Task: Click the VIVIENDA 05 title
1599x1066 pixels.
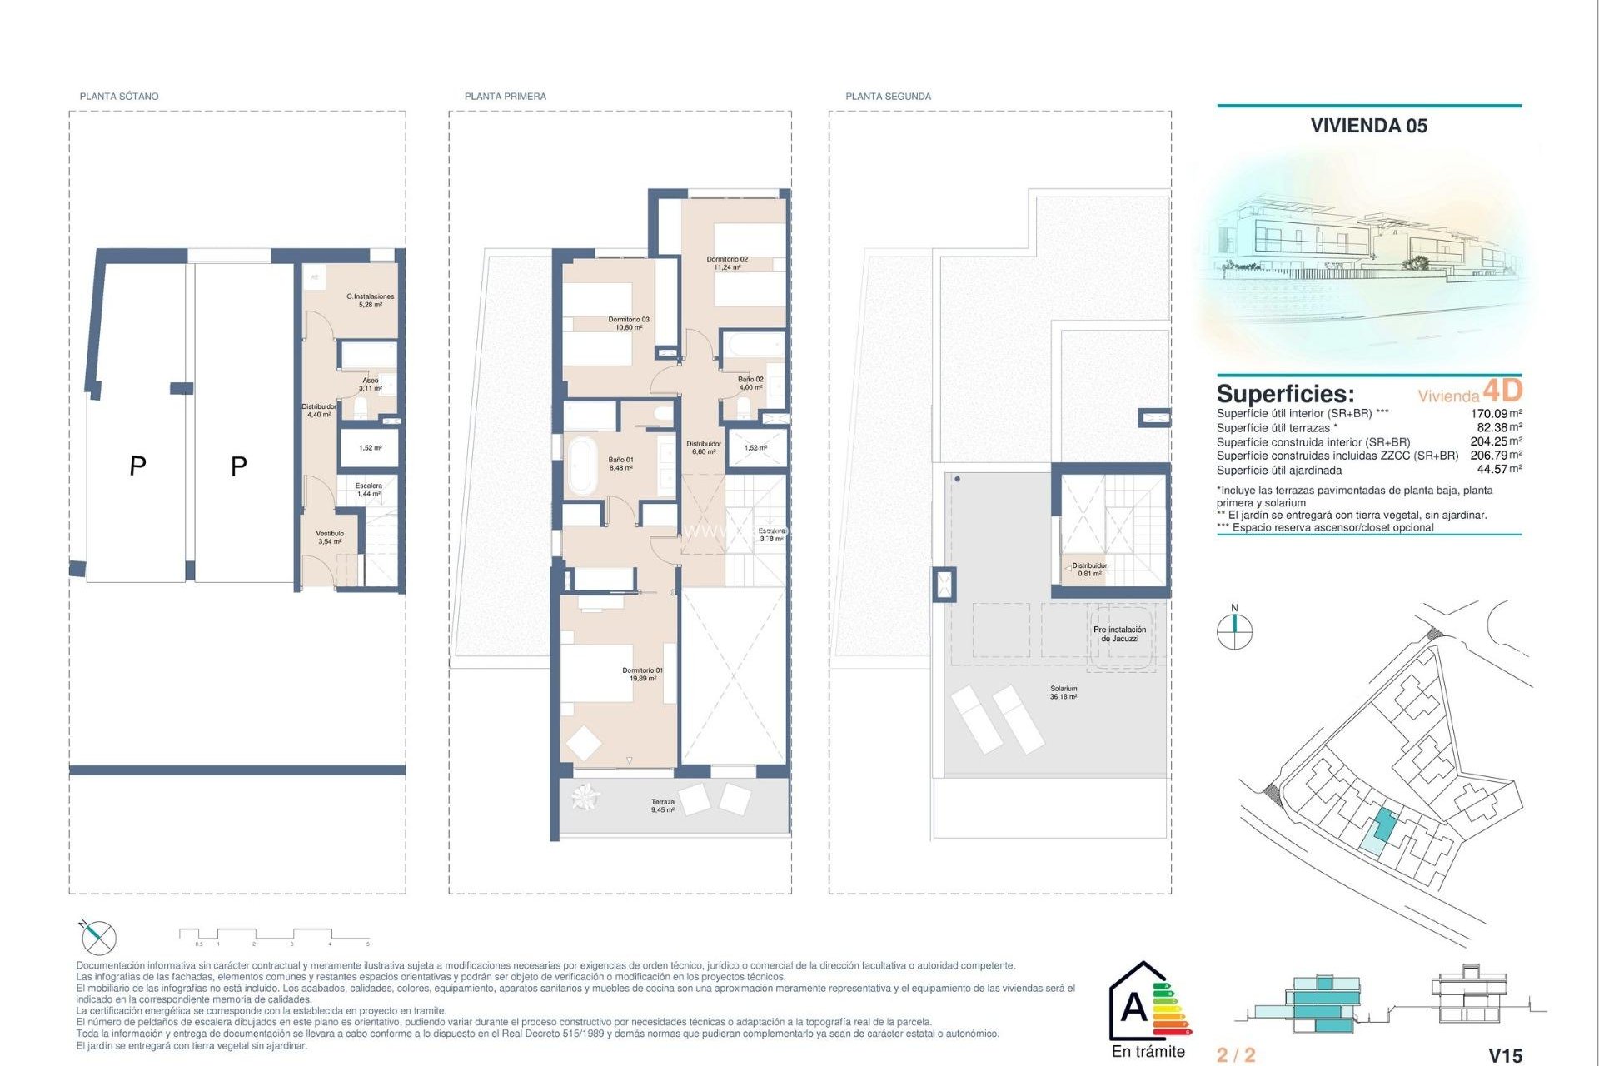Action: pos(1368,126)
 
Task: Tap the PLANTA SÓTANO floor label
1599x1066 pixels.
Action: pos(119,97)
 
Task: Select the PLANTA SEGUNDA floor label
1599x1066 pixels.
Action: pos(888,97)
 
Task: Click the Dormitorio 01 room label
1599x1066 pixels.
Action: pos(642,674)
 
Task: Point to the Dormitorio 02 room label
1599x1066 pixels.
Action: pos(727,263)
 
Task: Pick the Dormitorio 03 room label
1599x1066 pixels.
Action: pos(628,323)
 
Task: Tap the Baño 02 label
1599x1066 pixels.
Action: pos(750,383)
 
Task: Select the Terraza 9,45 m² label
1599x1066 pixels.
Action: pos(663,805)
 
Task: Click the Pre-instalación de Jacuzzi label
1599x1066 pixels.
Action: pos(1119,634)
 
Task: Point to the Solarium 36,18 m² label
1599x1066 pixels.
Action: pos(1064,692)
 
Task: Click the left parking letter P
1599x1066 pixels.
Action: pos(138,466)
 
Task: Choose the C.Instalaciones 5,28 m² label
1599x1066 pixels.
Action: pos(370,301)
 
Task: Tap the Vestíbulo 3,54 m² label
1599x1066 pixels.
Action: pos(330,537)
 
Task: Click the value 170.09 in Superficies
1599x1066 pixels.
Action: pos(1488,414)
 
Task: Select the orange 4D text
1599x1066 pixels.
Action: pos(1502,391)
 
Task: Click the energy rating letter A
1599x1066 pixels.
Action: pos(1134,1008)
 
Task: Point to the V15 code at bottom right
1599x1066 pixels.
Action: pos(1505,1055)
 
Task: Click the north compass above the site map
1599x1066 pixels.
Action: pos(1234,630)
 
